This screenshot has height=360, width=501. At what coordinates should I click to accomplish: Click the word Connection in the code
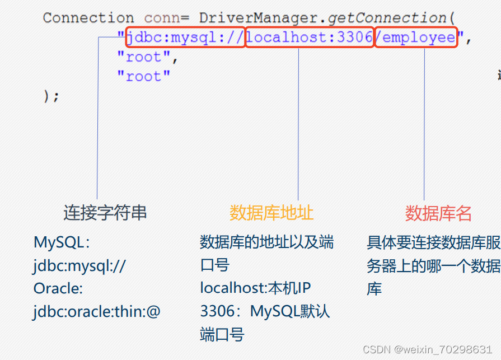pyautogui.click(x=88, y=18)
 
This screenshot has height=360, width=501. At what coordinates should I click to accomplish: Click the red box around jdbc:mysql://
pyautogui.click(x=185, y=38)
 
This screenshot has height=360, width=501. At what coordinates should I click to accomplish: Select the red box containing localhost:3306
pyautogui.click(x=310, y=38)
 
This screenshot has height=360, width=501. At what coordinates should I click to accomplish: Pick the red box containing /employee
pyautogui.click(x=416, y=38)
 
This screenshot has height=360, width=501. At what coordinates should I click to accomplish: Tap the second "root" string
pyautogui.click(x=143, y=77)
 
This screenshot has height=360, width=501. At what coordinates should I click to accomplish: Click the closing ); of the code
pyautogui.click(x=51, y=96)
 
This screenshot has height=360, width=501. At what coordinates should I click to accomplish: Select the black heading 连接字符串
pyautogui.click(x=105, y=213)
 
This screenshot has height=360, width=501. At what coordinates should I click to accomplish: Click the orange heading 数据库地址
pyautogui.click(x=271, y=213)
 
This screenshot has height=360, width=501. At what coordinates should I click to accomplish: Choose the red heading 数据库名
pyautogui.click(x=438, y=213)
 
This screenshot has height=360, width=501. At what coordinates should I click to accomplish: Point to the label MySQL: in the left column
pyautogui.click(x=62, y=243)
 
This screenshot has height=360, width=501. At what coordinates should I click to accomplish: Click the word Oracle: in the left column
pyautogui.click(x=58, y=288)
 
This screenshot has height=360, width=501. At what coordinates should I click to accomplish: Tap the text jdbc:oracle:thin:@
pyautogui.click(x=96, y=311)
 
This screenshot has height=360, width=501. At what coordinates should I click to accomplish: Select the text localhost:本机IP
pyautogui.click(x=255, y=288)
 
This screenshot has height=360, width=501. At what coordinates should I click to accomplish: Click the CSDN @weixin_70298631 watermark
pyautogui.click(x=428, y=349)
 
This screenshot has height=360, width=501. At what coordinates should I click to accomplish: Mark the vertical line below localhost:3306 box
pyautogui.click(x=298, y=123)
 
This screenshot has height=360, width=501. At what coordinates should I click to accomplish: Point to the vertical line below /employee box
pyautogui.click(x=424, y=123)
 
